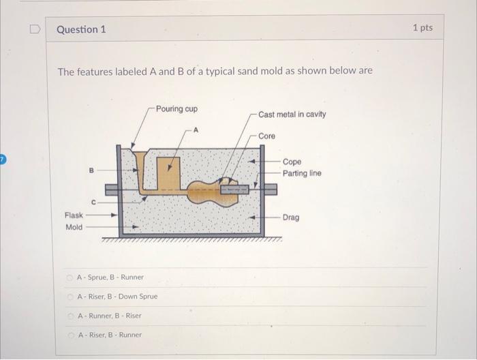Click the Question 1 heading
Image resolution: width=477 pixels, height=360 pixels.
point(81,30)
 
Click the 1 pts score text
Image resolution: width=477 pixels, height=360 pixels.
point(422,28)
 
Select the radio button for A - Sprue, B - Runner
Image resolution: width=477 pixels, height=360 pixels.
point(70,277)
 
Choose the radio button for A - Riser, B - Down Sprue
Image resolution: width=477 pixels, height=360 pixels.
point(70,297)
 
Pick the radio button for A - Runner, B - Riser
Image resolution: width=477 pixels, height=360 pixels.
point(70,316)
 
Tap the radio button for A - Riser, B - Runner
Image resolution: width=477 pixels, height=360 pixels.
point(70,335)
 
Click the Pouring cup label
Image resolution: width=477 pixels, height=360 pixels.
point(176,109)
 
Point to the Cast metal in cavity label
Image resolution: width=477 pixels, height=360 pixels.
point(292,115)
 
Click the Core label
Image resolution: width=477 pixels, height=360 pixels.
point(266,136)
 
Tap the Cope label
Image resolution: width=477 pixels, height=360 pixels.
point(292,162)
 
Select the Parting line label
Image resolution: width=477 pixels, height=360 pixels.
point(302,173)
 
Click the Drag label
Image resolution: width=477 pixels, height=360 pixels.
point(291,217)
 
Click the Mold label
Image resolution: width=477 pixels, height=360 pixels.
point(74,227)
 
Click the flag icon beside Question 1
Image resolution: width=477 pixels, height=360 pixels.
point(34,30)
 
